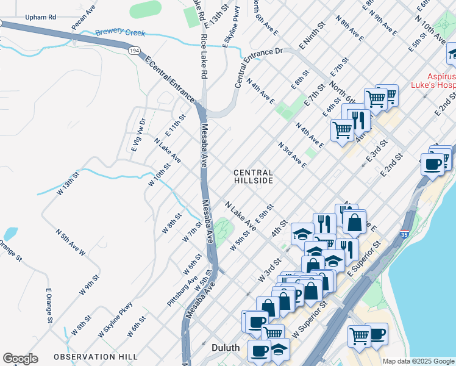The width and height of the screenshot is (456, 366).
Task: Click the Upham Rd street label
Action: click(x=41, y=18)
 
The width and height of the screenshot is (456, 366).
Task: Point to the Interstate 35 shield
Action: click(x=404, y=234)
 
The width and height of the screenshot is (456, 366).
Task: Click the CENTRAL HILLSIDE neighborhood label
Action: click(x=253, y=177)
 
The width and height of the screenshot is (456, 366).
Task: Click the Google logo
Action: click(x=20, y=359)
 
